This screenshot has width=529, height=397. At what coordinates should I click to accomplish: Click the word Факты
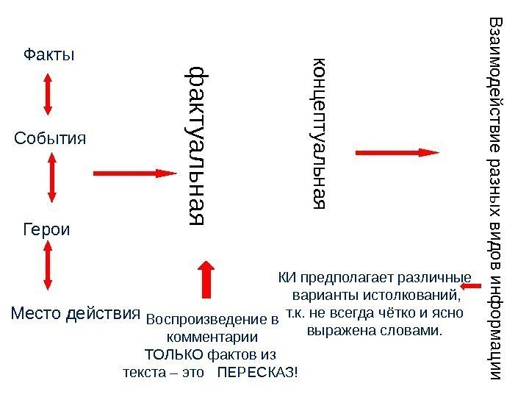[50, 54]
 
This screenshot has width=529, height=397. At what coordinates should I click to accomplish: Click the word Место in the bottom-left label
[37, 314]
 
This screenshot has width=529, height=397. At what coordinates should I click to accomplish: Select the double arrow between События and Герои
[52, 177]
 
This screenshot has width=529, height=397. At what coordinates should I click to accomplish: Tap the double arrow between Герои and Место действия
[47, 268]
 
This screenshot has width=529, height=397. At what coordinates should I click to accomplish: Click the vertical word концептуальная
[320, 132]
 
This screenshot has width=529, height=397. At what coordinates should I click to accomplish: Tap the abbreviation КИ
[286, 278]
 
